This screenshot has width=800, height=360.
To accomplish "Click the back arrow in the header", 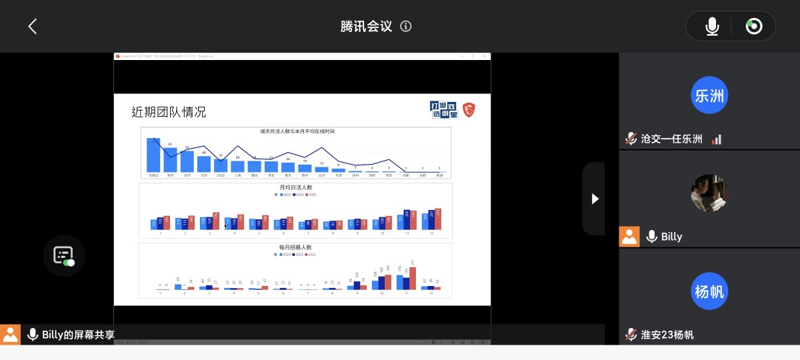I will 32,26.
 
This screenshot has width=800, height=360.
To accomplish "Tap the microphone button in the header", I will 712,26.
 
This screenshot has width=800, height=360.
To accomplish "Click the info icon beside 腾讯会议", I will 405,26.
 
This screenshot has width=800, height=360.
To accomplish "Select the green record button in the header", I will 754,26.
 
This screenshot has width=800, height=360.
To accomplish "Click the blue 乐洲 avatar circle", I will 709,95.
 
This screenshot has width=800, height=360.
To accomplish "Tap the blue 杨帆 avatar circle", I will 709,291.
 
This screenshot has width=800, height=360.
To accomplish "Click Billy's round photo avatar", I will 709,193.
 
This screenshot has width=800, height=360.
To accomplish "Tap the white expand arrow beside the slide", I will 595,199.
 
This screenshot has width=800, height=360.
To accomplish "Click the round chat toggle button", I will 64,255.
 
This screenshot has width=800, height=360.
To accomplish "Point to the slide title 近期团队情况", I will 169,112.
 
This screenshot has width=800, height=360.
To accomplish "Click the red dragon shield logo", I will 469,109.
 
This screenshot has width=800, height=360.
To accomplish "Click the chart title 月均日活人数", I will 295,188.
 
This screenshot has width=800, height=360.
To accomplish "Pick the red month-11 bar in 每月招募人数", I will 413,279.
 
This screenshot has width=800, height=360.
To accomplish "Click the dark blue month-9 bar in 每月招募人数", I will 357,285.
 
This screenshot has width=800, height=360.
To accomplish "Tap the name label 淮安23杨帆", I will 667,335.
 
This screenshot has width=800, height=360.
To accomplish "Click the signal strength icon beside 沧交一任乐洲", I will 717,139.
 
